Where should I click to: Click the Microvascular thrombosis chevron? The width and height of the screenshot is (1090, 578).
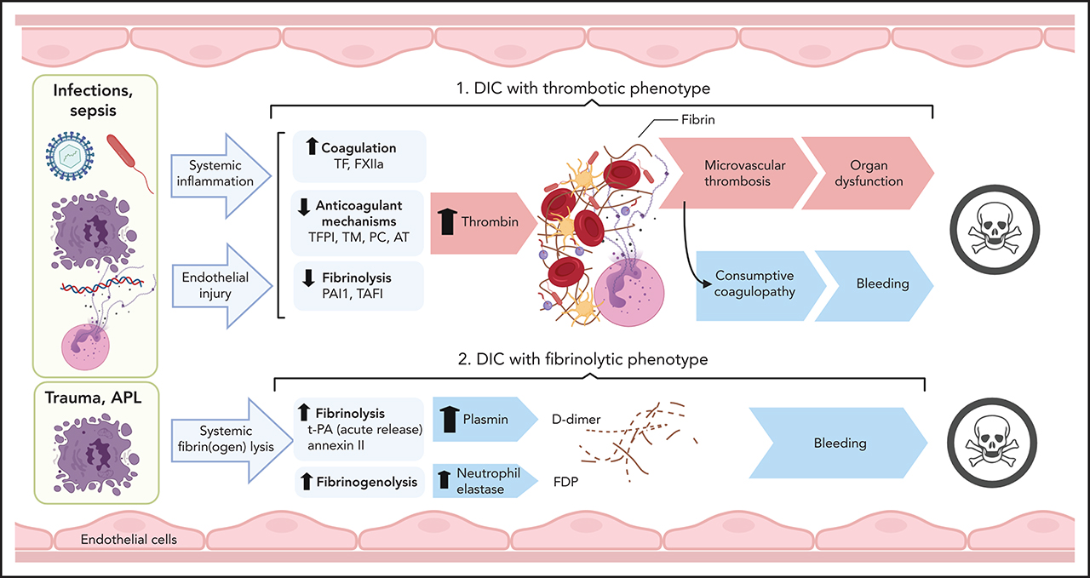pos(732,174)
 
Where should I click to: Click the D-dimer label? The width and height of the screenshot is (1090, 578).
pos(577,419)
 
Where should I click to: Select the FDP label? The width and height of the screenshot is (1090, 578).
pos(566,481)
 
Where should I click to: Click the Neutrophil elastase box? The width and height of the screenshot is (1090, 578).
pos(481,482)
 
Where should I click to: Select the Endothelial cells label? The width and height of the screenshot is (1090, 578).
pos(129,539)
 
